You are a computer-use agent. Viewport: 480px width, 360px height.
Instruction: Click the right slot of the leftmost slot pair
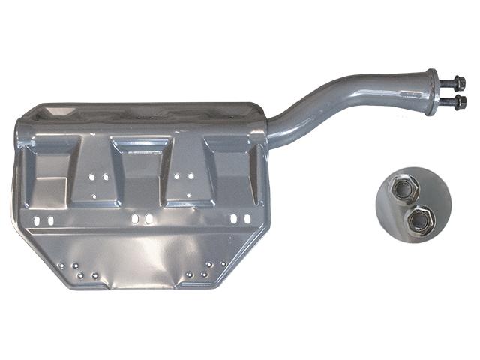49,221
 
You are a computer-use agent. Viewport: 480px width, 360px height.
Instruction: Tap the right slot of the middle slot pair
148,220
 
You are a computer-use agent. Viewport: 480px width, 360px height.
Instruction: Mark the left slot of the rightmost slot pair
235,219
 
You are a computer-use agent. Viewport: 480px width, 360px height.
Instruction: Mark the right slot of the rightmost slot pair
245,219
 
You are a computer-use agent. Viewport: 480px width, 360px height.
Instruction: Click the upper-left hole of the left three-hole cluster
91,178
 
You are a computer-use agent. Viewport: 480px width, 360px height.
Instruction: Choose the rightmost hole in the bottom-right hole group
223,263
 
